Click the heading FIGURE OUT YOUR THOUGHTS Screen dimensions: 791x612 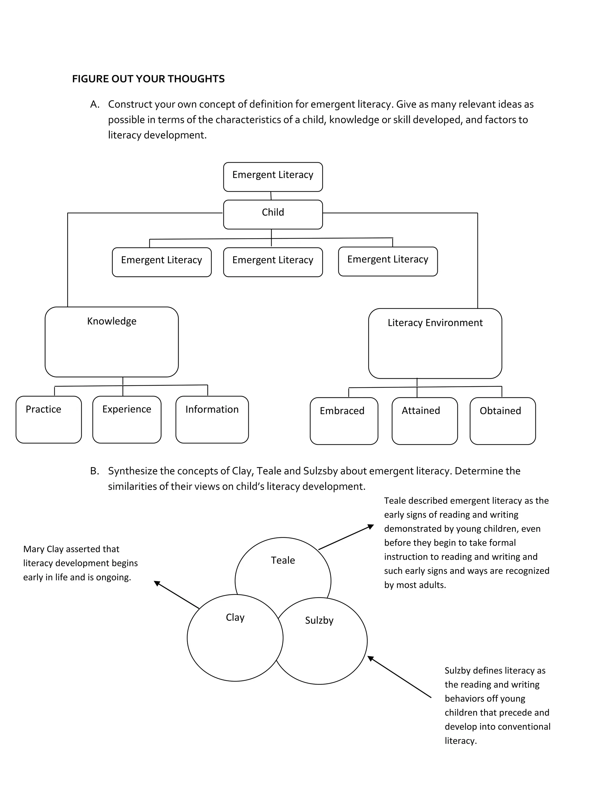pos(148,79)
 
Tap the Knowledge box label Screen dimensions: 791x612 pos(112,321)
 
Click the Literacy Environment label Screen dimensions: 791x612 pos(435,323)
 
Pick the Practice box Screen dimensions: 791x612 pos(49,419)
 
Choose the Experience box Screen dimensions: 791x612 pos(126,419)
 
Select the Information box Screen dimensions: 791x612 pos(212,419)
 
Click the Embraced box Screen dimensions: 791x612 pos(344,421)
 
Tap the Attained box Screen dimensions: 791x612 pos(425,421)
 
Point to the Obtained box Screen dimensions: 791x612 pos(503,421)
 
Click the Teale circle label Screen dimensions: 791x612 pos(283,560)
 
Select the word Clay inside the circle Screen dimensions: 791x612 pos(235,617)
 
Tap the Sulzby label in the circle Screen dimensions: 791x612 pos(319,621)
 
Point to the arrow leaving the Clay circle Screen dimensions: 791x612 pos(177,594)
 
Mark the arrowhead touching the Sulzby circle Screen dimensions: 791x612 pos(371,658)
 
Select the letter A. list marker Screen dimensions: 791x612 pos(95,104)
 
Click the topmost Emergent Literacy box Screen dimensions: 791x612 pos(273,177)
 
